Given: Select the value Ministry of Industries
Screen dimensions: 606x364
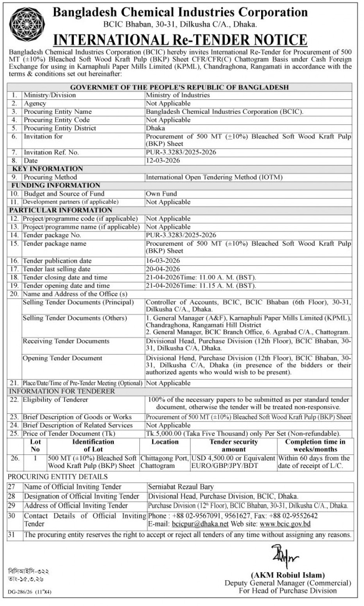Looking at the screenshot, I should (178, 95).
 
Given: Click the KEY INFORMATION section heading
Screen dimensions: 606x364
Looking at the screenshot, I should (48, 169).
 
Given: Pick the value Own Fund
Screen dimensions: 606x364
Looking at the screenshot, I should (161, 194).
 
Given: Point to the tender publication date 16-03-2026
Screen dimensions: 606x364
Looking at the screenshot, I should (163, 261).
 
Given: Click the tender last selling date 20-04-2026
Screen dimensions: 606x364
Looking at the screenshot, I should (163, 269).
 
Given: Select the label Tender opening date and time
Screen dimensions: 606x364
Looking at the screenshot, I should (66, 286).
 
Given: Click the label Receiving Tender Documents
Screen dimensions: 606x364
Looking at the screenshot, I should (66, 341).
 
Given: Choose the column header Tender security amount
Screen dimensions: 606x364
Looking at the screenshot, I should (233, 446).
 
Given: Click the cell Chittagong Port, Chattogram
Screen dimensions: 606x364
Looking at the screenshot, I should (164, 462).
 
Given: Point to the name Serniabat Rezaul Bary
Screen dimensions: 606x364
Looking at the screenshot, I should (181, 487).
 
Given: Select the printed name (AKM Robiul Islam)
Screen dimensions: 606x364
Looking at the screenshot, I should (288, 575).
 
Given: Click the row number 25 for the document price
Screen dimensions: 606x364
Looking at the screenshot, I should (14, 434).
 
